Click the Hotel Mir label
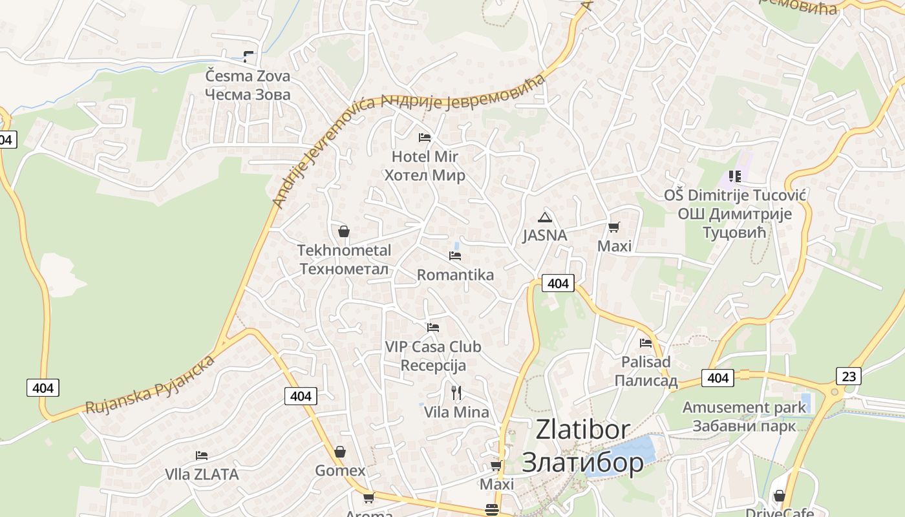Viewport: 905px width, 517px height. click(425, 165)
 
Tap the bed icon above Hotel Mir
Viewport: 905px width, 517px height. click(425, 138)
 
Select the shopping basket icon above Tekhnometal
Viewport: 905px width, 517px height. click(344, 231)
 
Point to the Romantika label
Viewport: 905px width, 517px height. click(455, 275)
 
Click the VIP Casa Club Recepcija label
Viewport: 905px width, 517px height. click(433, 356)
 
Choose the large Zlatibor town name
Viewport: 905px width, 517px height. click(582, 446)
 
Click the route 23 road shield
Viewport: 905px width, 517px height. click(848, 376)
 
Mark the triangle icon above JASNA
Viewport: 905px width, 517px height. click(545, 217)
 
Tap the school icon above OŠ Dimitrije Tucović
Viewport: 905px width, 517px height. click(734, 176)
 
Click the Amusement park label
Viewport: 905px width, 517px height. click(745, 416)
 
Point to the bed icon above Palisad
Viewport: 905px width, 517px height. click(645, 343)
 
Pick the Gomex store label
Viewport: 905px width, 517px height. click(340, 470)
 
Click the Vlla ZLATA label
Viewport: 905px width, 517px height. click(202, 474)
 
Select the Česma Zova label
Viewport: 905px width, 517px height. click(248, 85)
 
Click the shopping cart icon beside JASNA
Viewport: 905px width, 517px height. click(613, 227)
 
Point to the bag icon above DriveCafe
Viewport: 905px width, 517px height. click(779, 496)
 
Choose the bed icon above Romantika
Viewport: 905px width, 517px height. click(455, 256)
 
